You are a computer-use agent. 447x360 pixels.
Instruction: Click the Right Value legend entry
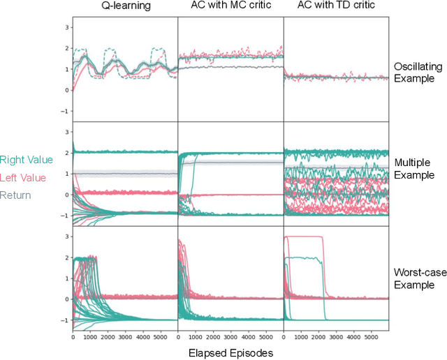pyautogui.click(x=27, y=160)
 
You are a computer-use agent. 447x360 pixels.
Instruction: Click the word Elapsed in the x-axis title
pyautogui.click(x=207, y=353)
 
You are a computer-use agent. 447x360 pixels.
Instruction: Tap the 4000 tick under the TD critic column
pyautogui.click(x=354, y=337)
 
